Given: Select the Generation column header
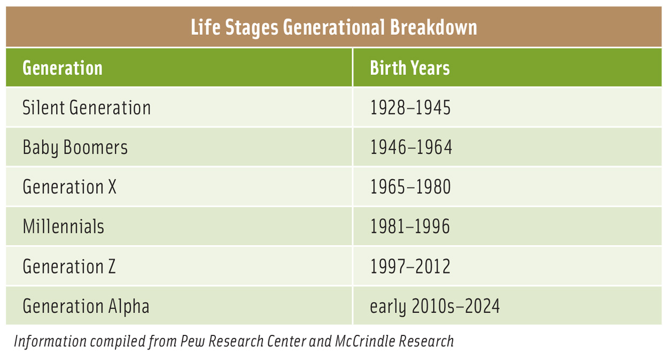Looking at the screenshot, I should point(63,68).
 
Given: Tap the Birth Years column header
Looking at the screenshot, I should point(410,68).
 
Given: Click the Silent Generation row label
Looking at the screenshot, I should point(87,108).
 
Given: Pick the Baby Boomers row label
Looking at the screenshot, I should point(75,147).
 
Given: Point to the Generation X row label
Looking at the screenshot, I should point(69,187).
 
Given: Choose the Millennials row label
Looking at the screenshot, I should point(64,226).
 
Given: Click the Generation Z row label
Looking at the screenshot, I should point(69,266).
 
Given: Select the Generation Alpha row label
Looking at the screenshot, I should point(86,306).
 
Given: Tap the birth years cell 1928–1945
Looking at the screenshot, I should point(410,108).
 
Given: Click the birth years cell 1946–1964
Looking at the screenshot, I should point(411,147).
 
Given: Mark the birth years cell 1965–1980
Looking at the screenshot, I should point(410,187).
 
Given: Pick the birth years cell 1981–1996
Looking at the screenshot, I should point(410,226).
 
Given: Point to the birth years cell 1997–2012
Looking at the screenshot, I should point(410,266).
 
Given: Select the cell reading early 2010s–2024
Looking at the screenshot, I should point(435,306).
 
